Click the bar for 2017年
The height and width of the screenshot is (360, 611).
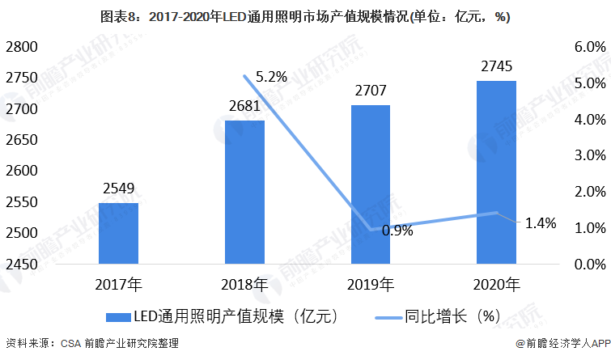(x=119, y=233)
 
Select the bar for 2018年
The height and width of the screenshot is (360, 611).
(x=244, y=192)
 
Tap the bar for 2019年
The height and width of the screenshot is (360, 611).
(x=370, y=184)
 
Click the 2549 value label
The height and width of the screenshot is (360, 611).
(x=119, y=190)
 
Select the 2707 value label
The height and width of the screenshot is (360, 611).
(x=370, y=91)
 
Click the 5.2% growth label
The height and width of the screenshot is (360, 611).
(x=271, y=78)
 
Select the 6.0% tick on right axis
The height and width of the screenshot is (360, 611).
(x=590, y=47)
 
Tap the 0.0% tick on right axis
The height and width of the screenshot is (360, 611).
(x=590, y=265)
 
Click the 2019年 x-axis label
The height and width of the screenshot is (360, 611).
(x=370, y=285)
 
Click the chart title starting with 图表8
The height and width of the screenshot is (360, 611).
(x=304, y=16)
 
